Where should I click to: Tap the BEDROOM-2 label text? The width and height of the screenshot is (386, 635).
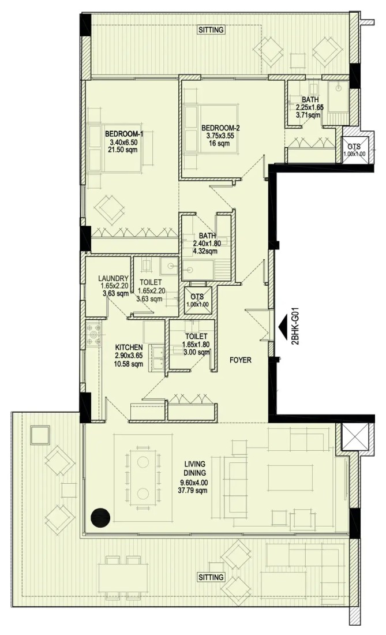220,128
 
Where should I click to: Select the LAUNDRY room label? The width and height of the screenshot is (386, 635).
113,278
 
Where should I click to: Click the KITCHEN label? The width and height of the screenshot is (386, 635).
129,348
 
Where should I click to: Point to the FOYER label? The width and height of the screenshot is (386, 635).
241,360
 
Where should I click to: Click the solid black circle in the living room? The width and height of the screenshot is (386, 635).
100,518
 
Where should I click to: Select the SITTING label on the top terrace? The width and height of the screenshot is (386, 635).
211,30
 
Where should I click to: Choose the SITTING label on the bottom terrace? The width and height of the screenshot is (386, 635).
211,577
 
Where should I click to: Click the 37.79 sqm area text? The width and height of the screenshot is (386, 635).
194,491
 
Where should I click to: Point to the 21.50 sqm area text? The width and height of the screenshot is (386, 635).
123,150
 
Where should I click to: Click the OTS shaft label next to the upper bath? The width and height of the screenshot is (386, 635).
354,147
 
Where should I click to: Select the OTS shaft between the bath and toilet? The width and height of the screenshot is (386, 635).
197,300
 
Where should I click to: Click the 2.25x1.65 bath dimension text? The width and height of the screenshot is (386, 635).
309,107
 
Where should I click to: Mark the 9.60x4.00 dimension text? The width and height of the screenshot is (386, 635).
194,483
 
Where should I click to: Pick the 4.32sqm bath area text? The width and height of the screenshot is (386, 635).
205,251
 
